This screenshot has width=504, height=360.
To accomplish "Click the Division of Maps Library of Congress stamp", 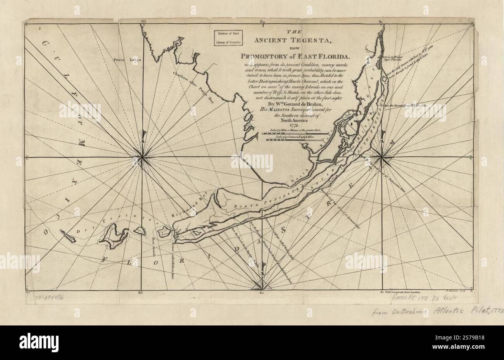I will (227, 38).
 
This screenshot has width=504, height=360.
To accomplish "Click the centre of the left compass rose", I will (143, 157).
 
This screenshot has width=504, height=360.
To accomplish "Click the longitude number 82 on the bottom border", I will (262, 293).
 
